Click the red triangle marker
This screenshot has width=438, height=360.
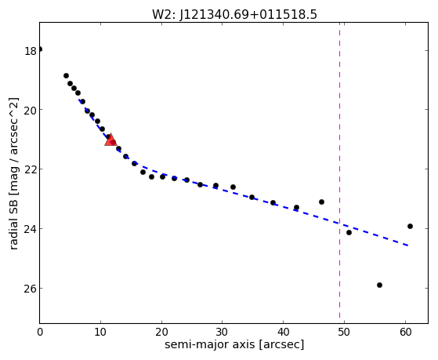(x=110, y=140)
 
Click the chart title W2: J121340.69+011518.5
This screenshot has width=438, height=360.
(x=234, y=15)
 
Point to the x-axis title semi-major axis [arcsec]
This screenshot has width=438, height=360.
(x=234, y=344)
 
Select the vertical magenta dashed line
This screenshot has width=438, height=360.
(x=340, y=173)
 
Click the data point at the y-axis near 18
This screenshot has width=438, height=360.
(x=40, y=49)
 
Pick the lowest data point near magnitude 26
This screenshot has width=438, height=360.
(x=379, y=285)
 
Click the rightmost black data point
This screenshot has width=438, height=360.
(x=410, y=227)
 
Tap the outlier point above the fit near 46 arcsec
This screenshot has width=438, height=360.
(x=321, y=202)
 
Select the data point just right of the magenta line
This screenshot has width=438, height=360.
(x=349, y=232)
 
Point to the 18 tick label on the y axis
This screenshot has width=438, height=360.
(x=31, y=52)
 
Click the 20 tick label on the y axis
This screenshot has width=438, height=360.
(x=31, y=111)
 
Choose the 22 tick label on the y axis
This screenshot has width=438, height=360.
(x=31, y=169)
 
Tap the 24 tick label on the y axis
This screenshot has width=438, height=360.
(x=31, y=229)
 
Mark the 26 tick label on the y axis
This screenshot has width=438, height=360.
(x=31, y=289)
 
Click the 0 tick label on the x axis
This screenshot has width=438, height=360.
(x=40, y=333)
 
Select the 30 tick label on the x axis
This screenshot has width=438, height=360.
(x=222, y=333)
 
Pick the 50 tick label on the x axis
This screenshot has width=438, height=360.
(x=344, y=333)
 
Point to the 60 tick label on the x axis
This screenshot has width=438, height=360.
(x=405, y=333)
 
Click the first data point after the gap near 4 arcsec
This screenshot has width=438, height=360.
(x=66, y=76)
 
